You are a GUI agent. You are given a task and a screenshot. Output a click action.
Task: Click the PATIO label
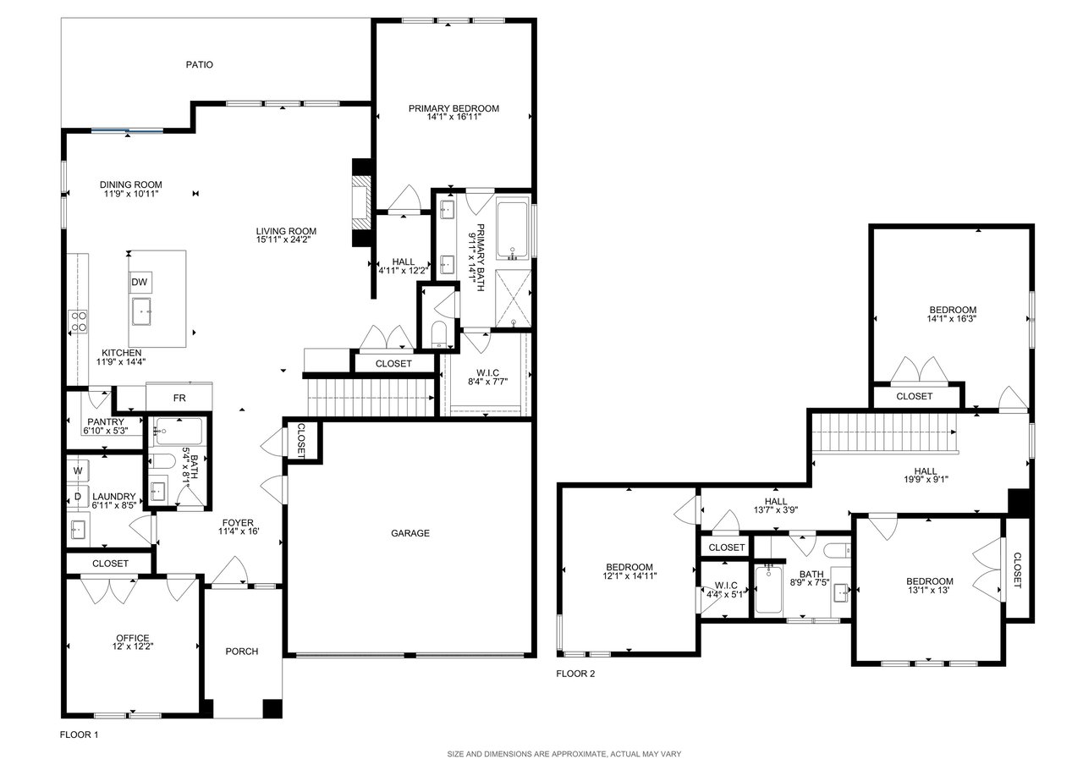pyautogui.click(x=199, y=64)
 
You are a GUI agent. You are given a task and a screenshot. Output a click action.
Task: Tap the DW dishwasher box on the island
pyautogui.click(x=140, y=283)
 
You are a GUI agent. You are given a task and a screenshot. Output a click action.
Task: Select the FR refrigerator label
pyautogui.click(x=179, y=398)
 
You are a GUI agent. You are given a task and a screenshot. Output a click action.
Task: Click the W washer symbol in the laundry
pyautogui.click(x=78, y=471)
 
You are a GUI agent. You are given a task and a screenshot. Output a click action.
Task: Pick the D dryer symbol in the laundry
pyautogui.click(x=78, y=497)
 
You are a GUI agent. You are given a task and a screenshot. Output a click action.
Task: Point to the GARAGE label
pyautogui.click(x=410, y=533)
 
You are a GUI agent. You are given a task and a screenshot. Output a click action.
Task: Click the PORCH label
pyautogui.click(x=242, y=652)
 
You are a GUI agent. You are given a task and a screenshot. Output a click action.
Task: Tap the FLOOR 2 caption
pyautogui.click(x=575, y=674)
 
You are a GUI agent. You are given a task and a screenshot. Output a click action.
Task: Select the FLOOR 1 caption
pyautogui.click(x=79, y=735)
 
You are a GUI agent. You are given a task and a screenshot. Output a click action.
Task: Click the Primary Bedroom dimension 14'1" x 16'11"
pyautogui.click(x=454, y=117)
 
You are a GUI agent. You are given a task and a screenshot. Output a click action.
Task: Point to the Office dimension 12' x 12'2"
pyautogui.click(x=132, y=646)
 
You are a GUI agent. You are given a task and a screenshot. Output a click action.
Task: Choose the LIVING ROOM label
pyautogui.click(x=286, y=231)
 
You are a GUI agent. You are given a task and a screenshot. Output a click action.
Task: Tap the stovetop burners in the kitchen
pyautogui.click(x=79, y=322)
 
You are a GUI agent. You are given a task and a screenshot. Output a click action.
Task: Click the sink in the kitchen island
pyautogui.click(x=141, y=311)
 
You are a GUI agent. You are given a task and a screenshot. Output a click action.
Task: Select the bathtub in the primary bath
pyautogui.click(x=513, y=231)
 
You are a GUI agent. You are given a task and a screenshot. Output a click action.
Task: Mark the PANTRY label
pyautogui.click(x=106, y=421)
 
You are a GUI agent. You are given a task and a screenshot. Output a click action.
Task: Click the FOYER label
pyautogui.click(x=238, y=523)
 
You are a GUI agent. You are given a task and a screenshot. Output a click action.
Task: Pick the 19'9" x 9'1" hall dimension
pyautogui.click(x=926, y=479)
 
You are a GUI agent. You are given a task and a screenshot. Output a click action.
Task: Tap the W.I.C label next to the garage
pyautogui.click(x=488, y=373)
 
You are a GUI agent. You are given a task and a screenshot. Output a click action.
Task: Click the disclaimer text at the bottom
pyautogui.click(x=563, y=754)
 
